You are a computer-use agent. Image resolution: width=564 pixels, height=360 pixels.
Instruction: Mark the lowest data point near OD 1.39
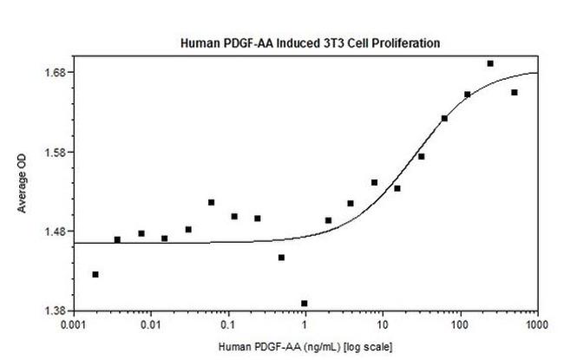click(x=305, y=304)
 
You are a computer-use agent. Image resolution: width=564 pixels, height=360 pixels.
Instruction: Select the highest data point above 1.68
click(x=490, y=63)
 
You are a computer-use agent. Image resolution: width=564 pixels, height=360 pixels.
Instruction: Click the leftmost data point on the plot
click(x=95, y=274)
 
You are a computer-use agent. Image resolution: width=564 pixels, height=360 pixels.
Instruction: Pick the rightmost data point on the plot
click(x=515, y=92)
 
